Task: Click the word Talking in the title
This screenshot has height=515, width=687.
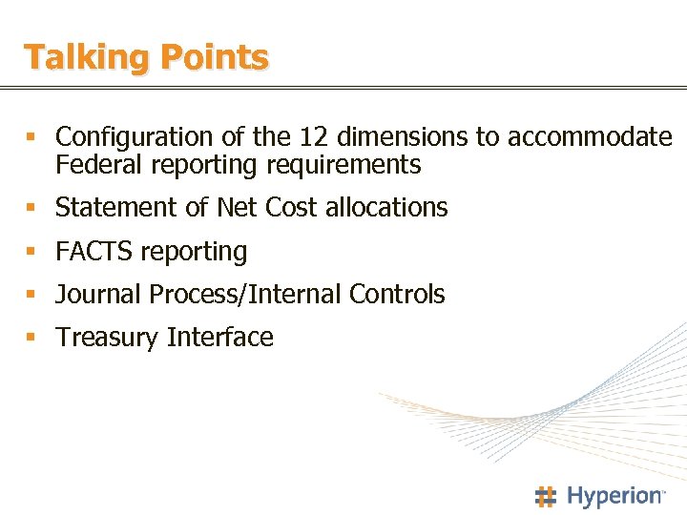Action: coord(86,58)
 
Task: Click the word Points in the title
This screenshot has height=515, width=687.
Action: coord(215,58)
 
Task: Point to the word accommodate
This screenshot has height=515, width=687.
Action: coord(589,137)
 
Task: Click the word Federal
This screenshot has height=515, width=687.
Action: coord(94,165)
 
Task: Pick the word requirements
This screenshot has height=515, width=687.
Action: coord(343,165)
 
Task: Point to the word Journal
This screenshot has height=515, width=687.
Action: coord(98,295)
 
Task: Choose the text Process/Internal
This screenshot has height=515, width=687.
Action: coord(245,295)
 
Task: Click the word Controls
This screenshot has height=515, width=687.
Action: coord(397,295)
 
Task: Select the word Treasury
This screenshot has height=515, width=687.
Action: coord(107,338)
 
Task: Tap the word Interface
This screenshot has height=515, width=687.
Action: coord(220,338)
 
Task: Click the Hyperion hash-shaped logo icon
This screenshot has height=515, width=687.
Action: coord(545,496)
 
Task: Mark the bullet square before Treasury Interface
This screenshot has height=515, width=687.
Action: coord(31,339)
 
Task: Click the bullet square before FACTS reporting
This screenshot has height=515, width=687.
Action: coord(31,253)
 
